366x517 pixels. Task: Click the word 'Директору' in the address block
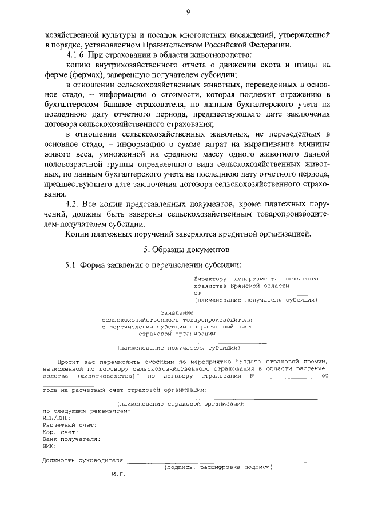(x=212, y=278)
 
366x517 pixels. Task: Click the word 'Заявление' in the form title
(x=177, y=312)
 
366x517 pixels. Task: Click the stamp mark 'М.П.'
(x=118, y=474)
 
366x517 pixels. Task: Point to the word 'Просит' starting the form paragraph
(x=69, y=362)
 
